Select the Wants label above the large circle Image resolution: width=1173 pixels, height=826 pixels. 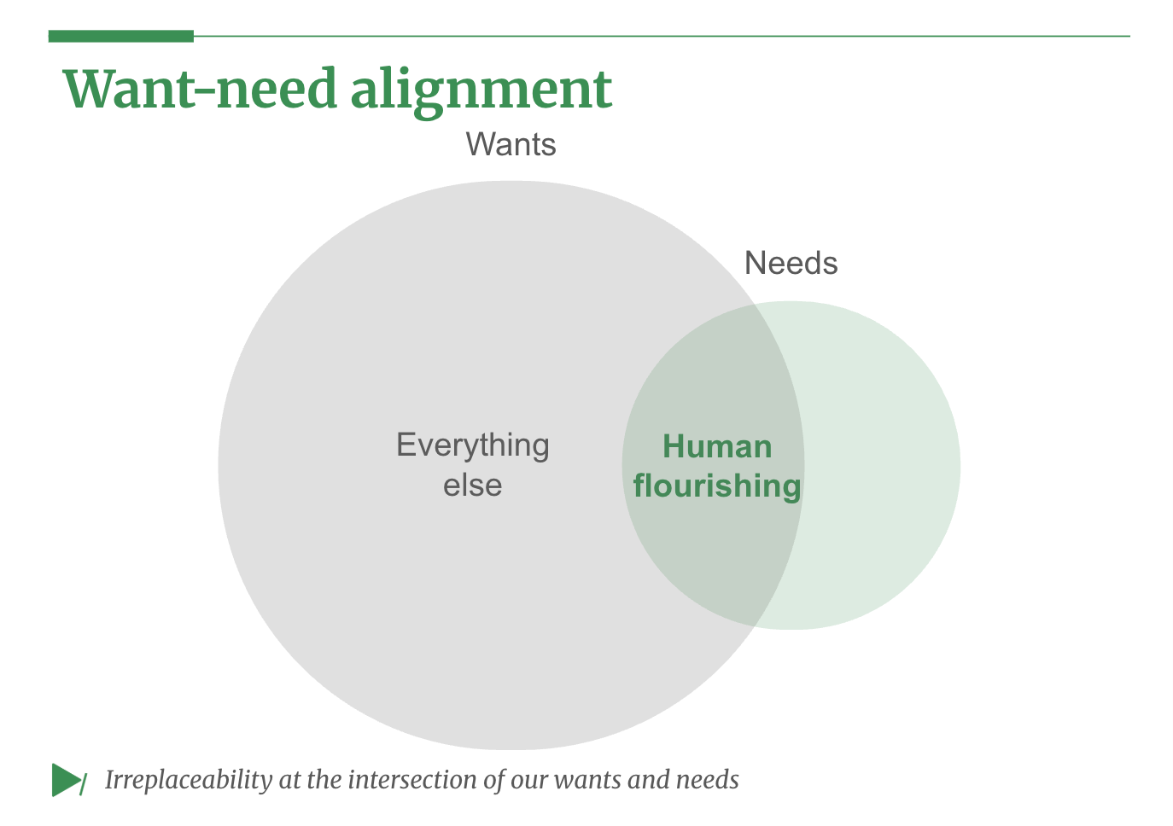point(511,145)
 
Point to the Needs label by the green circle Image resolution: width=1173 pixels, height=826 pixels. point(791,263)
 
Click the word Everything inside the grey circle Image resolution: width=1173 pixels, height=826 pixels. point(472,445)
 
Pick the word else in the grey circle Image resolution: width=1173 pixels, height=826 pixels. point(472,485)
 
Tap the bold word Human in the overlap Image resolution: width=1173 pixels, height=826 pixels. point(717,446)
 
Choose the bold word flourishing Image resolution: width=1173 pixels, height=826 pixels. point(717,486)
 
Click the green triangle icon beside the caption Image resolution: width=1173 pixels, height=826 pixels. point(65,779)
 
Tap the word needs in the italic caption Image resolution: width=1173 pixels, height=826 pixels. point(707,779)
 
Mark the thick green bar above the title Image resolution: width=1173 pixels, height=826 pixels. point(121,36)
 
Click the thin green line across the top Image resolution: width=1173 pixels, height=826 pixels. point(662,36)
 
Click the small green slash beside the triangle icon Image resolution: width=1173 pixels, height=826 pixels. point(83,783)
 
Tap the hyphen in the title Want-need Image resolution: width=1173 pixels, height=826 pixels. point(206,92)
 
